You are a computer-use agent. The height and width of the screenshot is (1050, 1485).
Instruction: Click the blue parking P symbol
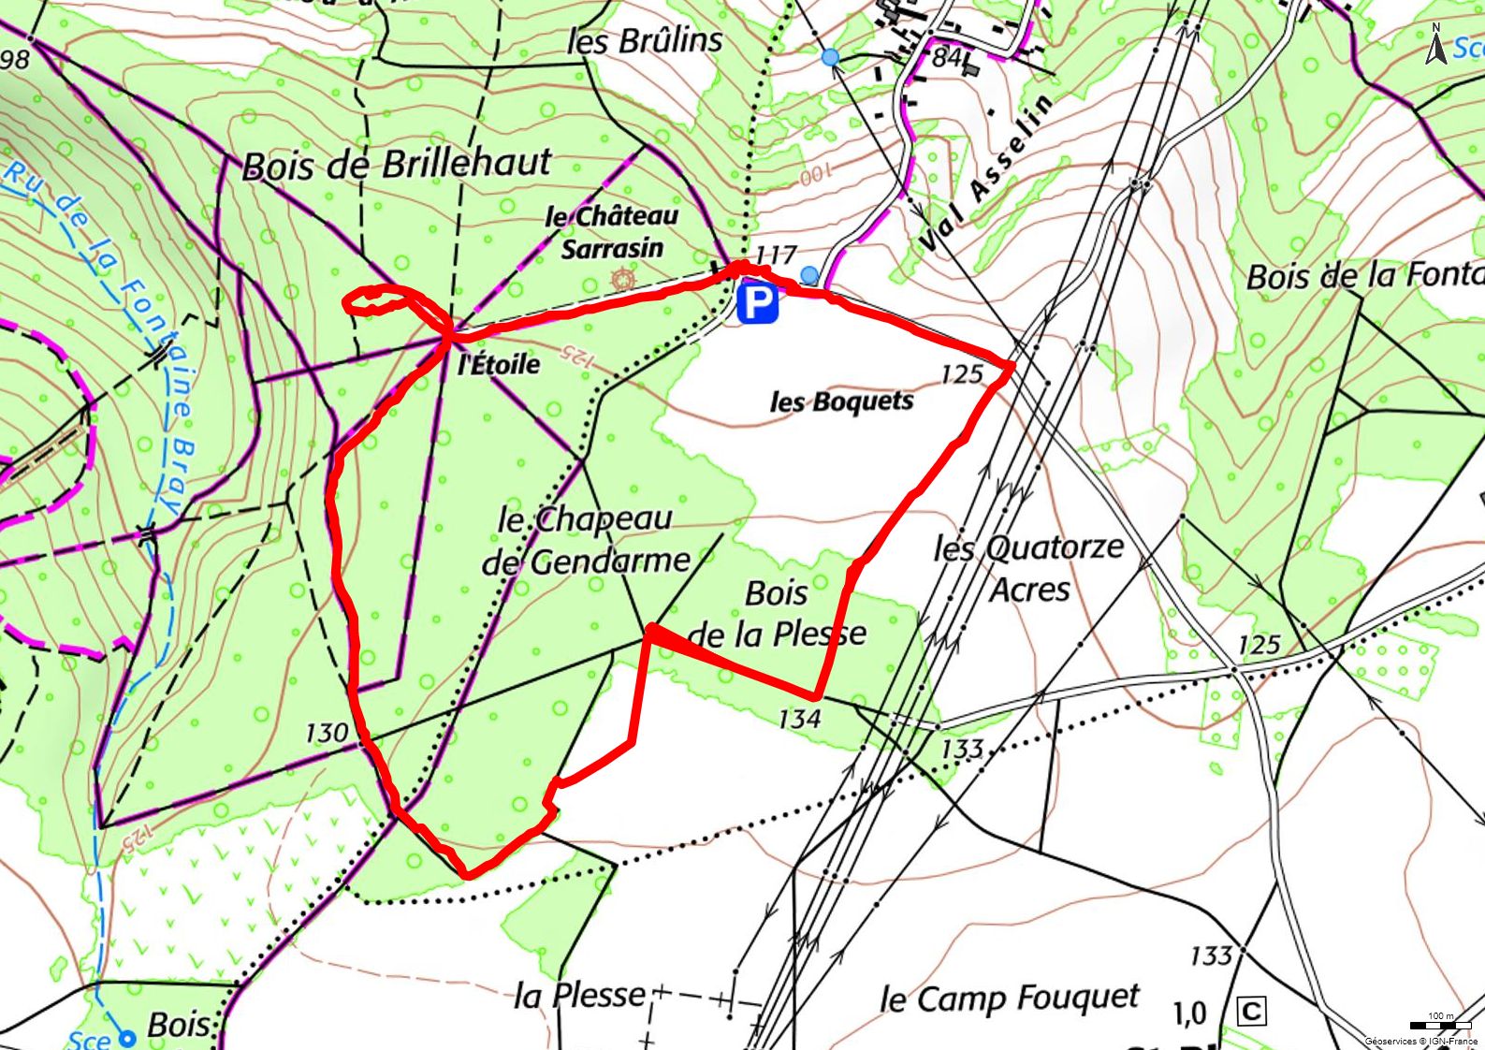(757, 305)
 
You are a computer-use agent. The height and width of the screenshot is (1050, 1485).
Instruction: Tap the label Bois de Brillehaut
(397, 165)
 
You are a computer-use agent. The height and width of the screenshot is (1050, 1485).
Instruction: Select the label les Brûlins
(645, 40)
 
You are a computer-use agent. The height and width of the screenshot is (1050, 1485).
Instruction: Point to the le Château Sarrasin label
(612, 232)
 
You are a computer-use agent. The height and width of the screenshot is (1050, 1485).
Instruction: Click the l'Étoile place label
(499, 363)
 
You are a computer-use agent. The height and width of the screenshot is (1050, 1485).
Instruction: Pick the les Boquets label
(841, 401)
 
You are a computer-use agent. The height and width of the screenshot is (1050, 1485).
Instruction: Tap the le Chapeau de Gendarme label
(586, 541)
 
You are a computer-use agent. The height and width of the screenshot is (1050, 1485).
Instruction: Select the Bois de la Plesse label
(777, 614)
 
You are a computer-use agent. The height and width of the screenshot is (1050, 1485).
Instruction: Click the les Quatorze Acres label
(1028, 568)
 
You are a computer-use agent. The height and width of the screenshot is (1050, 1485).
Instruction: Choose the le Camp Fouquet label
(1010, 999)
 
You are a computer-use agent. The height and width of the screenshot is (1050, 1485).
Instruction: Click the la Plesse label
(580, 995)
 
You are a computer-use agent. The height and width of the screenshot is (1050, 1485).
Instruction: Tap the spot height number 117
(776, 254)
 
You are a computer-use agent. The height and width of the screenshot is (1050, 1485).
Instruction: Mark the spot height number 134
(799, 719)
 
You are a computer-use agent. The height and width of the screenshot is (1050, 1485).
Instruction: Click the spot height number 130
(327, 732)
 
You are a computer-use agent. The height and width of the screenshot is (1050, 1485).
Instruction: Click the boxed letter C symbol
(1251, 1012)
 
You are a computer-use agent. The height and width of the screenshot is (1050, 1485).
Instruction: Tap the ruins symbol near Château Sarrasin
(621, 279)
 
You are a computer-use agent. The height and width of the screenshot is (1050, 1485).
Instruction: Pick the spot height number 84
(947, 57)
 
